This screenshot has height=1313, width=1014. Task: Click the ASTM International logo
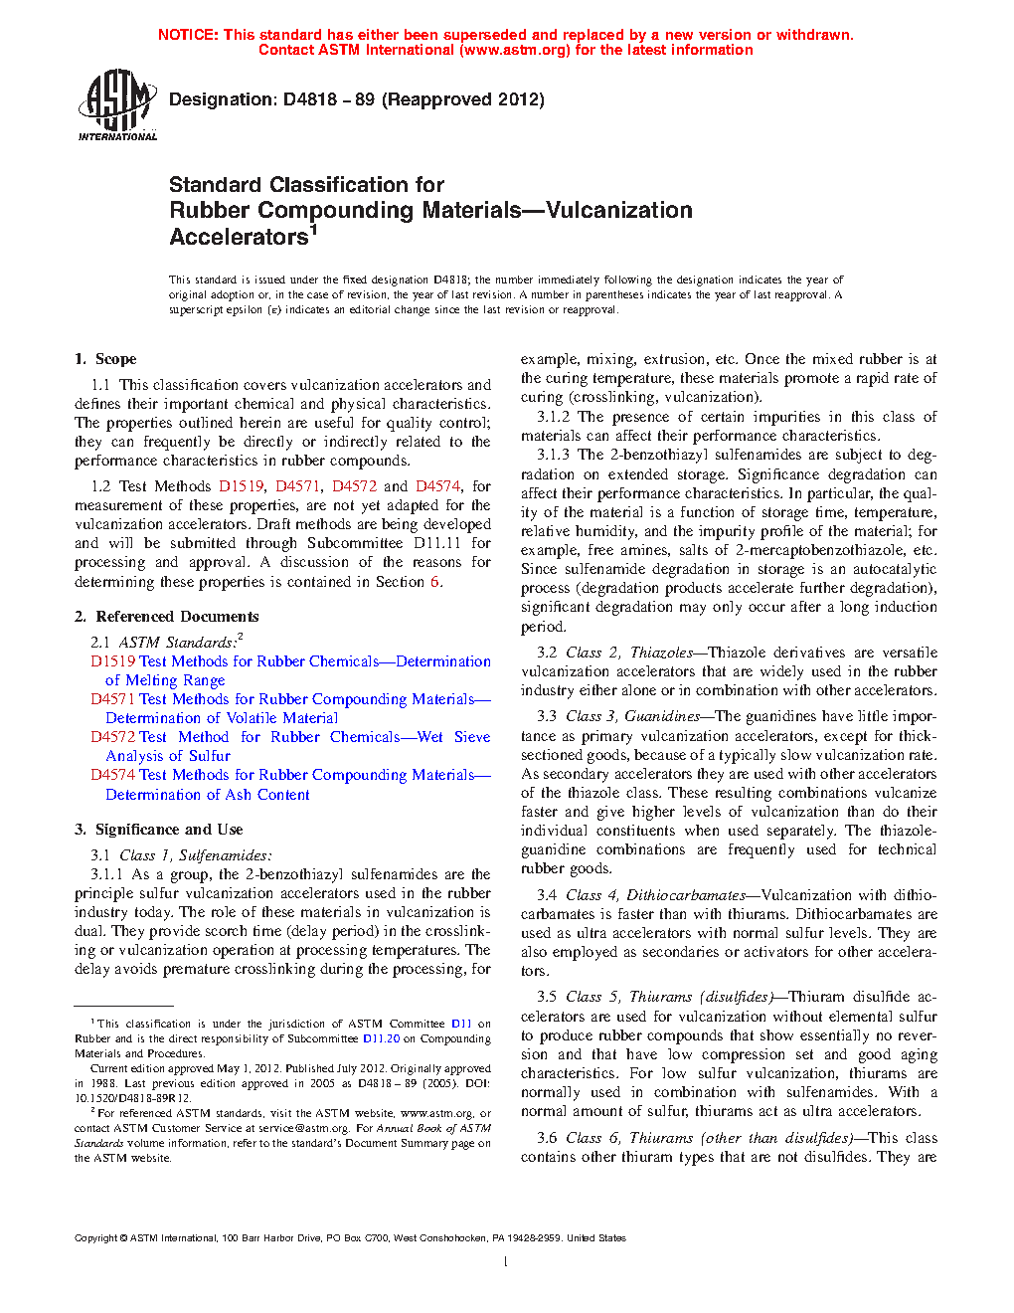(x=116, y=103)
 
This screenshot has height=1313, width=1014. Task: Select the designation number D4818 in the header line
(x=310, y=99)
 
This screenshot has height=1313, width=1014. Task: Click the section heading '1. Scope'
(x=105, y=359)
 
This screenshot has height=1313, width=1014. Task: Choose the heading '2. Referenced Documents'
(x=166, y=617)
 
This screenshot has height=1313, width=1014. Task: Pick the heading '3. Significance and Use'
(x=158, y=830)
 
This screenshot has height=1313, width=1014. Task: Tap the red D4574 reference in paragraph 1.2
(x=437, y=486)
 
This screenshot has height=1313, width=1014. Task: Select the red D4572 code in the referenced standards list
(x=112, y=737)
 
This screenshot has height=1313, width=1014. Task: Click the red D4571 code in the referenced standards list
(x=112, y=699)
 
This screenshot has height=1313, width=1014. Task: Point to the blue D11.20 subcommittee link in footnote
(x=381, y=1038)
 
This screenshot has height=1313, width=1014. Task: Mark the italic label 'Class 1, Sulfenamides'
(x=195, y=855)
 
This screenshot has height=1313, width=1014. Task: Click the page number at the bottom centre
(x=506, y=1262)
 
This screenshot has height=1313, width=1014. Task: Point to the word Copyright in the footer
(x=96, y=1238)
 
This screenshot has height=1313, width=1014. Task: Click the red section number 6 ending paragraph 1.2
(x=434, y=582)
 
